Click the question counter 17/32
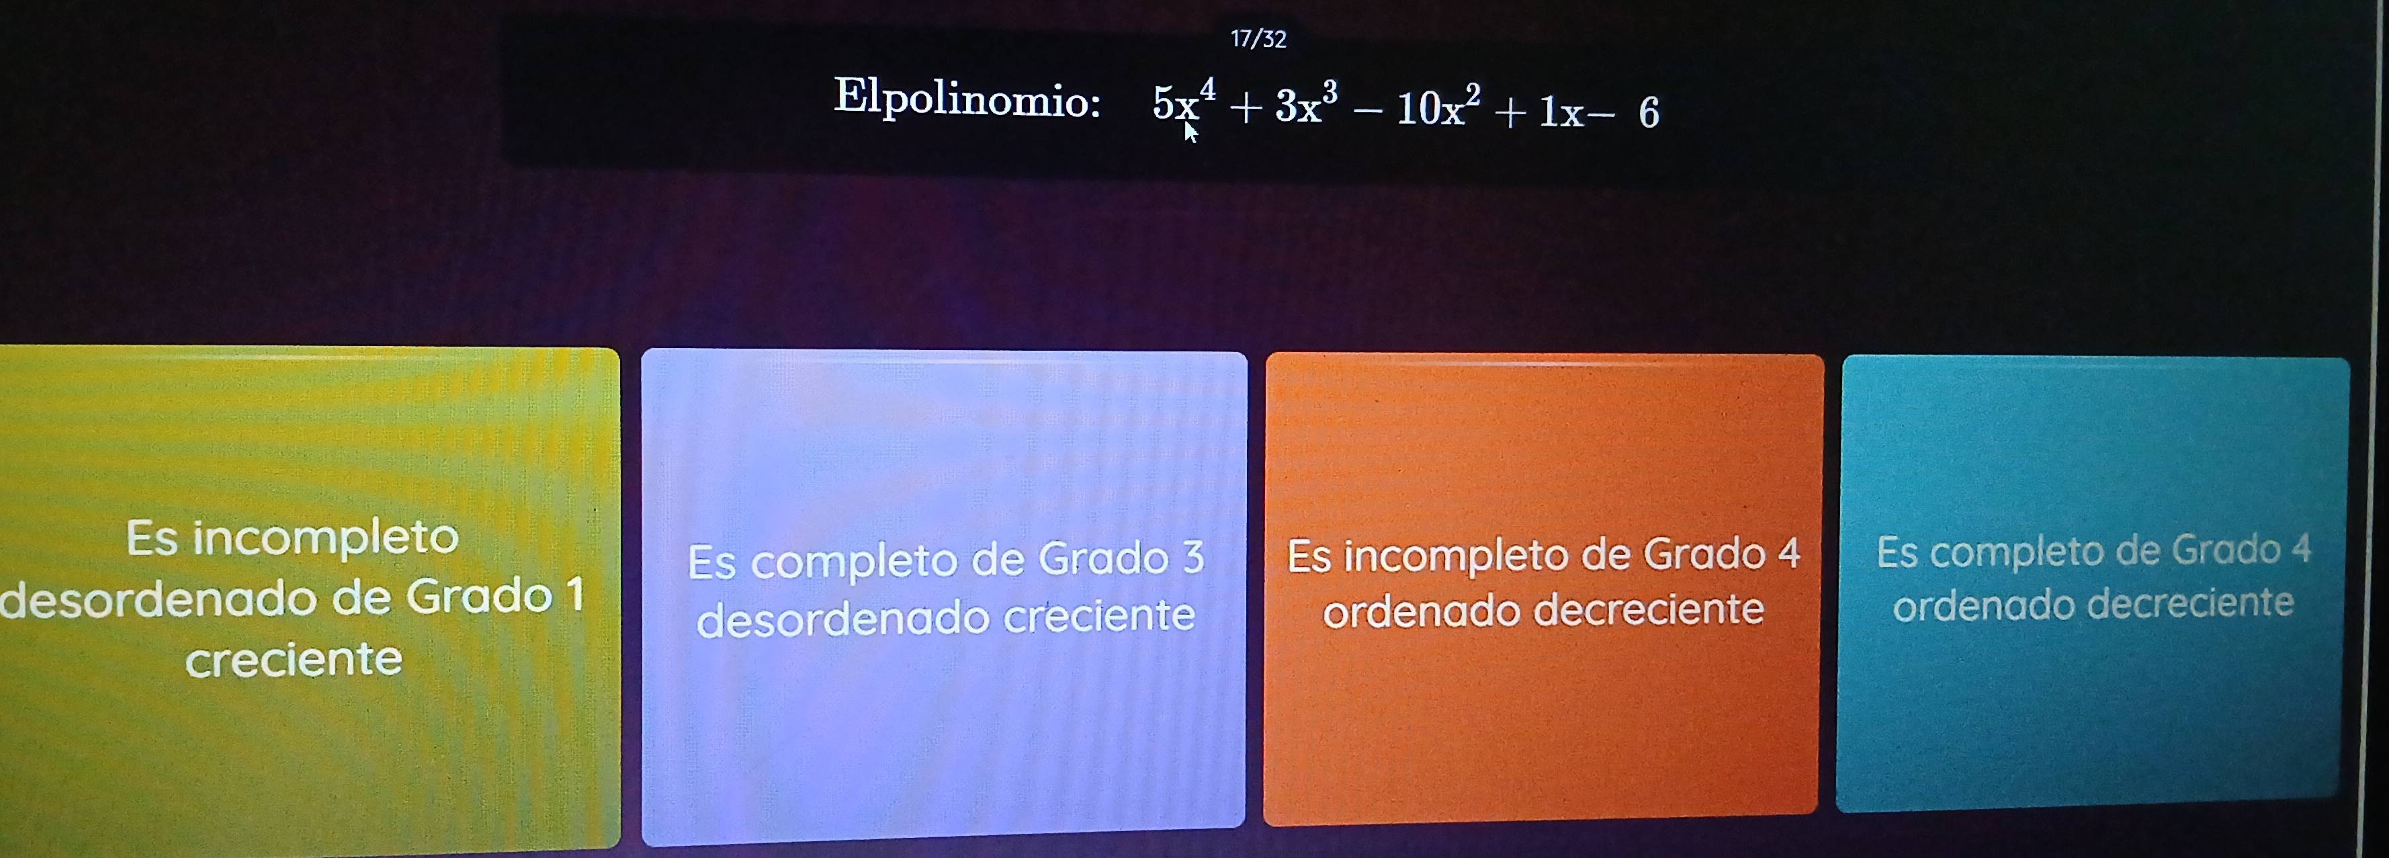[1258, 39]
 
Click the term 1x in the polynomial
[1561, 112]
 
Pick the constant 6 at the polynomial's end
[1649, 113]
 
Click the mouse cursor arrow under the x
[1190, 132]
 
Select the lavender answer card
[944, 597]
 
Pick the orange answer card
[1543, 589]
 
